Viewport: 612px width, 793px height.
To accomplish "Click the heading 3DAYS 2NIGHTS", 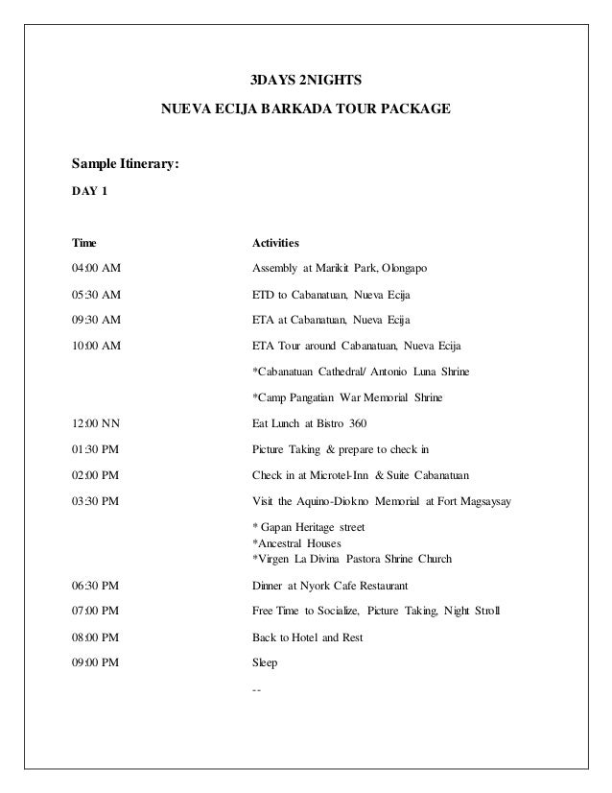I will (x=299, y=77).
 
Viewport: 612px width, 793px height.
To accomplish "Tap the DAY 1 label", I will (x=91, y=191).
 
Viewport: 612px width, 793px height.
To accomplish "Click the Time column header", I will (x=84, y=242).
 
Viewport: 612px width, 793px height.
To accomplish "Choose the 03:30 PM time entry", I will (x=96, y=501).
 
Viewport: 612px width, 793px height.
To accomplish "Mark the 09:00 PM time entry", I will (x=96, y=662).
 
